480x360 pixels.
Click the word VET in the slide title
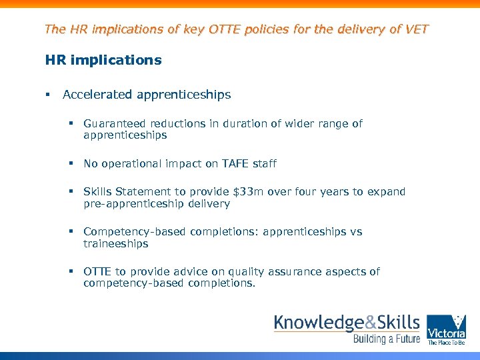(417, 29)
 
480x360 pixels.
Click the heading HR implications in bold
(103, 60)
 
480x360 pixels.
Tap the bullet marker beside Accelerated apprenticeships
(49, 95)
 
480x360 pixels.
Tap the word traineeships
(116, 244)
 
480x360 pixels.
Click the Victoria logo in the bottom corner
(446, 329)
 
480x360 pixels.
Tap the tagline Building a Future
(387, 339)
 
